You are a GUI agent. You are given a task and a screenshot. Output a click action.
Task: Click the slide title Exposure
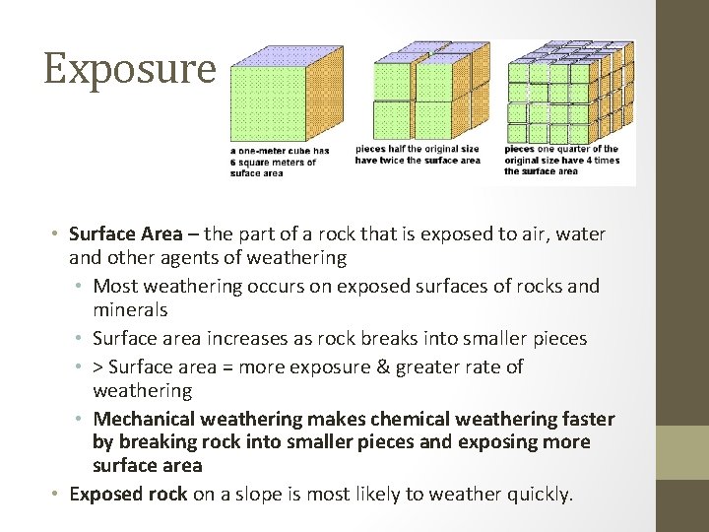point(129,68)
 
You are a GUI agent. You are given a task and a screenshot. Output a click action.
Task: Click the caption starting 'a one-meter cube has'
point(280,162)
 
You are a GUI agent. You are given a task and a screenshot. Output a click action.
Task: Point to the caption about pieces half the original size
point(418,156)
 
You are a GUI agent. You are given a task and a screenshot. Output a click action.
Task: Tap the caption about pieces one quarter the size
point(562,161)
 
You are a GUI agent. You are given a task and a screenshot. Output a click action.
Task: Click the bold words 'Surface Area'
point(126,234)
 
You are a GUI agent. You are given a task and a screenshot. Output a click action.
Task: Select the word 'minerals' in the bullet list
point(131,310)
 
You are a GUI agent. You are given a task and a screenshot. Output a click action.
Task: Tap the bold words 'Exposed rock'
point(128,495)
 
